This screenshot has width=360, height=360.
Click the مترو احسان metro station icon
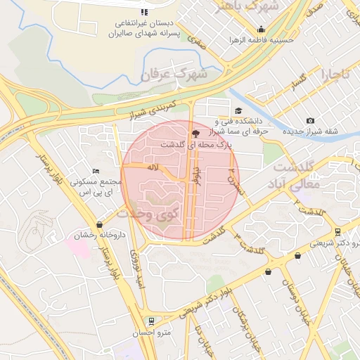(x=150, y=322)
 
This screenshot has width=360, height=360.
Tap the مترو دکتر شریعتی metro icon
(x=338, y=231)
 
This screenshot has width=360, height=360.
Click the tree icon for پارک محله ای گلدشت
(x=195, y=133)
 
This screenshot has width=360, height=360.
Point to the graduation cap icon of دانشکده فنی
(x=238, y=110)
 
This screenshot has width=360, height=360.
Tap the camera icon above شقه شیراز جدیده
(x=310, y=121)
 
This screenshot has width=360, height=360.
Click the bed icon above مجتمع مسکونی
(x=96, y=172)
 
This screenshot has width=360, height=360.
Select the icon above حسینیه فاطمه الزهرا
(x=261, y=30)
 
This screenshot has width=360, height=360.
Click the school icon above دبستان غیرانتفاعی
(x=144, y=12)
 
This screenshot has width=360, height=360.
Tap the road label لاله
(x=152, y=168)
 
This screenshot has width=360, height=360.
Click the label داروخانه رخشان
(x=101, y=236)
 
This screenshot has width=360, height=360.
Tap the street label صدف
(x=314, y=11)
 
